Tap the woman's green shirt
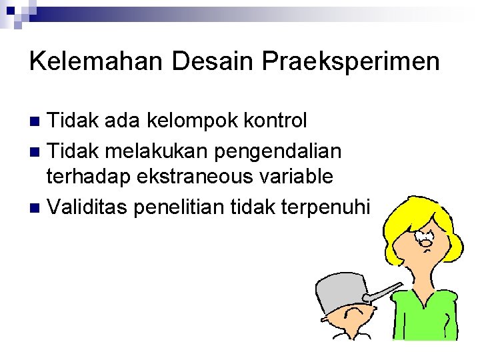(427, 313)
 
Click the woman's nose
(425, 243)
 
